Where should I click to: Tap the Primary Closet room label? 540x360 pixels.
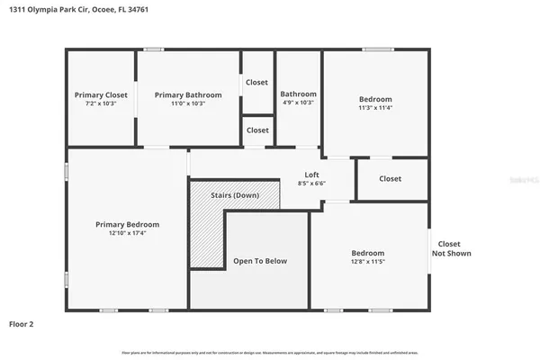pyautogui.click(x=101, y=94)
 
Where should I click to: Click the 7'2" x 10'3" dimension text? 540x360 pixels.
pyautogui.click(x=101, y=103)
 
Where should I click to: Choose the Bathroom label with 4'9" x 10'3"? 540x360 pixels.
pyautogui.click(x=298, y=94)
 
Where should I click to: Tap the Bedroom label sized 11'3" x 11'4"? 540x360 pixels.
pyautogui.click(x=375, y=98)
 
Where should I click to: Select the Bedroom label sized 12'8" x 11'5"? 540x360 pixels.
pyautogui.click(x=367, y=253)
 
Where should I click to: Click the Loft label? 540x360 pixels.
pyautogui.click(x=311, y=175)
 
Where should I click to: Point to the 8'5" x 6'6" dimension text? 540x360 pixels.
pyautogui.click(x=311, y=184)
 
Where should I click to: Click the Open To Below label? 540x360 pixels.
pyautogui.click(x=260, y=261)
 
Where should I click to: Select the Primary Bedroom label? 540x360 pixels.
pyautogui.click(x=128, y=224)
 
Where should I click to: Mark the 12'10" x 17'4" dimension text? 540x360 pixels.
pyautogui.click(x=128, y=233)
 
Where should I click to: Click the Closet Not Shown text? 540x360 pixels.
pyautogui.click(x=454, y=248)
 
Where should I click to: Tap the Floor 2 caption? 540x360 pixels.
pyautogui.click(x=22, y=322)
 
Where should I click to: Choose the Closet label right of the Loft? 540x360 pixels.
pyautogui.click(x=390, y=178)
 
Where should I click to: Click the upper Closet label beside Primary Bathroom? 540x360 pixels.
pyautogui.click(x=257, y=82)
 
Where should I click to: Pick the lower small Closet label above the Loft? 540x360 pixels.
pyautogui.click(x=257, y=130)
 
